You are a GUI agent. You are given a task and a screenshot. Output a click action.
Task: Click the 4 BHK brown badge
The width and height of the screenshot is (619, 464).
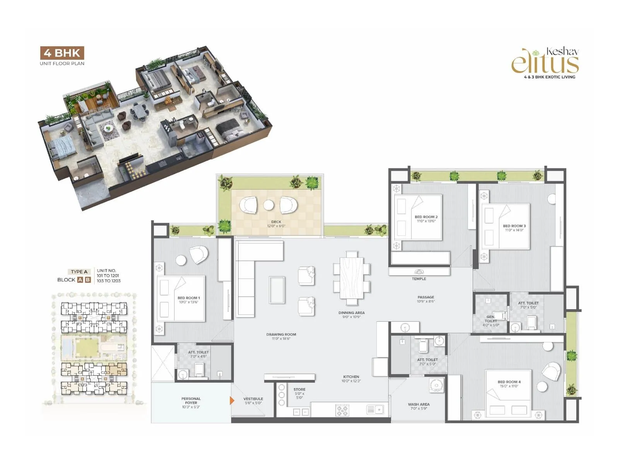coord(62,53)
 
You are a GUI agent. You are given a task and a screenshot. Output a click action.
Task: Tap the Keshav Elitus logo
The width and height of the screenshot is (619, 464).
coord(545,62)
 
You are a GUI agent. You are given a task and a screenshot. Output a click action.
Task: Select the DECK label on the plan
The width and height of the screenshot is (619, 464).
coord(276,222)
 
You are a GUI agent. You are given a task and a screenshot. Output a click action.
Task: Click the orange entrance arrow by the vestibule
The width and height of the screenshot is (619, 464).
coord(232,400)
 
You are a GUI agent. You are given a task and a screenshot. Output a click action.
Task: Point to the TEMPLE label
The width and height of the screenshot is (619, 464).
coord(419,279)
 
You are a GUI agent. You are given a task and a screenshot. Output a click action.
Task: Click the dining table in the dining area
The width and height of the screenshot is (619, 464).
coord(352,278)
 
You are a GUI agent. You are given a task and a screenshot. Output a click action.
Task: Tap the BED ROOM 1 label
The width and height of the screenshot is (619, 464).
coord(188,298)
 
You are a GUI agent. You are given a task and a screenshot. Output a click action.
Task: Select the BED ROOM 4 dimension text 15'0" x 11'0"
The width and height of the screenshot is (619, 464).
coord(509,386)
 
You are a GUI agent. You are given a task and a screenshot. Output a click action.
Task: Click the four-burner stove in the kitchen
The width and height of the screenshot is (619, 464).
coord(342,410)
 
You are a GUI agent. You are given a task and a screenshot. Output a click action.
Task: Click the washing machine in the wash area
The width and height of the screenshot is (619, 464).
coord(436,386)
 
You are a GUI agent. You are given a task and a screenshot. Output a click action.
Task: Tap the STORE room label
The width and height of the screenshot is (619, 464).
coord(299,389)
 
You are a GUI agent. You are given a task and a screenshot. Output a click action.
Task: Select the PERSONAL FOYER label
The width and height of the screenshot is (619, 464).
coord(191,401)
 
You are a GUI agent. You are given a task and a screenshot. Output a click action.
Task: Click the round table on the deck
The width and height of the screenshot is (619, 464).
coord(268,205)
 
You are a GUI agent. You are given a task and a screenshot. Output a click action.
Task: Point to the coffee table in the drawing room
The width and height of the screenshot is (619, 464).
coord(277,290)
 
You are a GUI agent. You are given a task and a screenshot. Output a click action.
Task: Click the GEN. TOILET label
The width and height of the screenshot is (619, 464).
coord(491,319)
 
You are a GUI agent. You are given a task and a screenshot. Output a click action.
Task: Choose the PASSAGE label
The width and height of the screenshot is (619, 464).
coord(426,297)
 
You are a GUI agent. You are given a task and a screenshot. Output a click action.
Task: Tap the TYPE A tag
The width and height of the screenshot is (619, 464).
coord(79,271)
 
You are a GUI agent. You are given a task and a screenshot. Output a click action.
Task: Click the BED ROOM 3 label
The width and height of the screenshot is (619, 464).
coord(514,226)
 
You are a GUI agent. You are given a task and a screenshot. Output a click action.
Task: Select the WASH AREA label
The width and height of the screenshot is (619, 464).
coord(419,404)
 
